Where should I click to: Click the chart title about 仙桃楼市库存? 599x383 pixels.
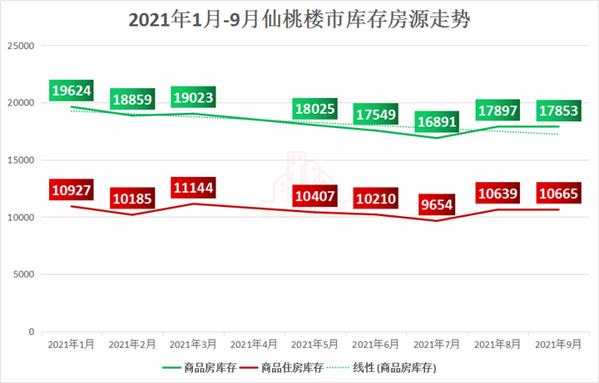point(299,18)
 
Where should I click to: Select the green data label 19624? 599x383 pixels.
point(71,90)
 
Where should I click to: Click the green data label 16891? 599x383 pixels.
point(437,122)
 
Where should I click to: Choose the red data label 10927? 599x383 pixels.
point(71,189)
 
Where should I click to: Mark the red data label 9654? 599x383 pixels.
point(438,204)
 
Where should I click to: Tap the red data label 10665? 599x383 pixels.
point(559,194)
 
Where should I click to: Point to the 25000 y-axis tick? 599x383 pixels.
point(18,46)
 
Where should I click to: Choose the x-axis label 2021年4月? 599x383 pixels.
point(254,343)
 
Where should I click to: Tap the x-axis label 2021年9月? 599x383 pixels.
point(558,343)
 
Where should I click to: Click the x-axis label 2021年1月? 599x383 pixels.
point(71,343)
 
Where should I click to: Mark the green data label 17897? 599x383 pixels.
point(498,110)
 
